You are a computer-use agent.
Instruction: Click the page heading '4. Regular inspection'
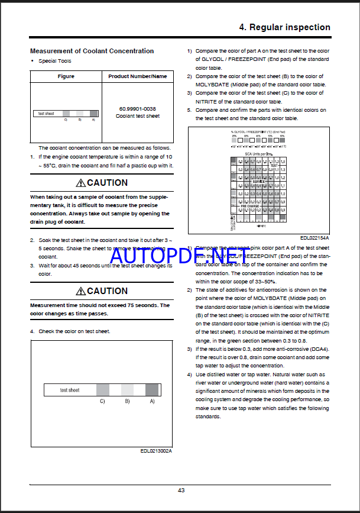tap(284, 27)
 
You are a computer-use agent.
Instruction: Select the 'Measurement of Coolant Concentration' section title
tap(92, 51)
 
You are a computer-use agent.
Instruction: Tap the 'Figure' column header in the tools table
tap(66, 76)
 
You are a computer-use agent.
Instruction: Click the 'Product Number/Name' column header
tap(138, 76)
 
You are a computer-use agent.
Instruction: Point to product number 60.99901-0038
tap(138, 109)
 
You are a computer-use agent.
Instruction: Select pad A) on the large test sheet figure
tap(152, 389)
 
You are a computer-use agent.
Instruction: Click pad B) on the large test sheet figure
tap(127, 389)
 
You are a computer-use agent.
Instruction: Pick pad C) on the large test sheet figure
tap(102, 389)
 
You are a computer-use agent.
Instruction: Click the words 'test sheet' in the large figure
tap(70, 390)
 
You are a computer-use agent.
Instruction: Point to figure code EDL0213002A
tap(156, 451)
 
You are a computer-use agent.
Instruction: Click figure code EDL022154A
tap(314, 238)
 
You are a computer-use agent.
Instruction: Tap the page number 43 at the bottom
tap(181, 489)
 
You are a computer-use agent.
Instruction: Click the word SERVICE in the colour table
tap(258, 181)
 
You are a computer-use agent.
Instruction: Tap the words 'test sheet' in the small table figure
tap(46, 114)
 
